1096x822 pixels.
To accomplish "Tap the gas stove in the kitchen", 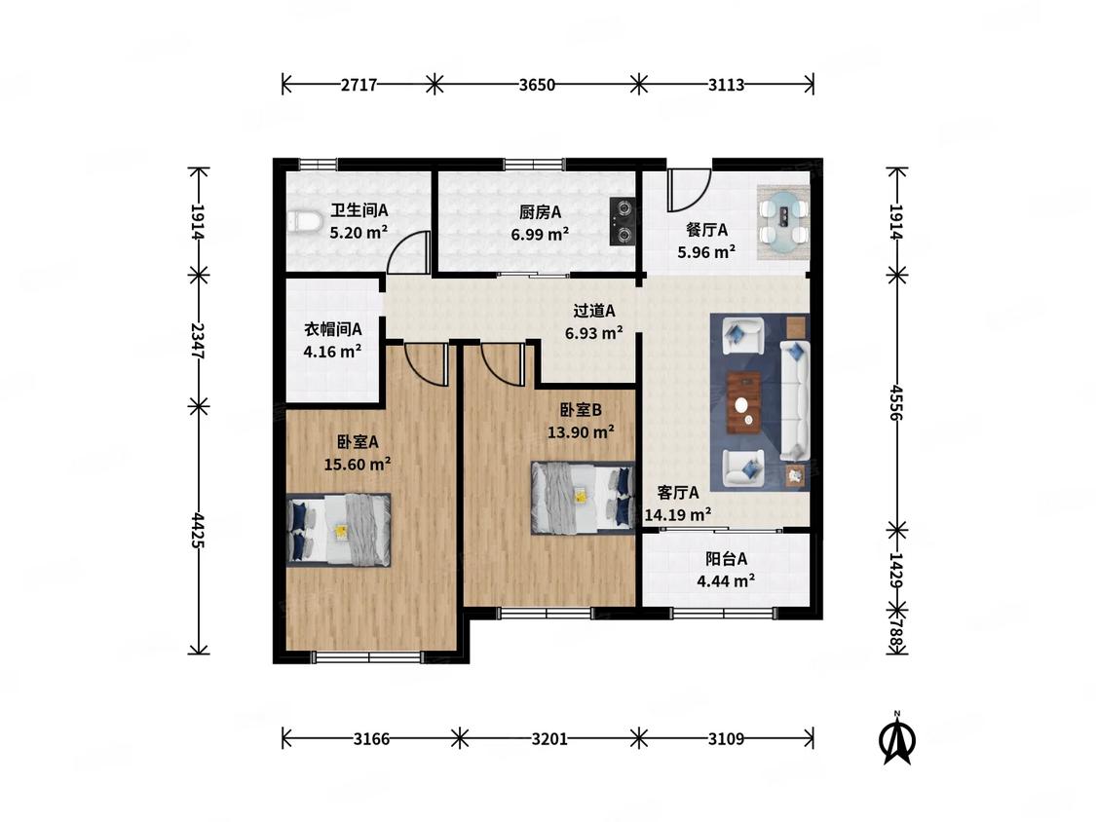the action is (x=623, y=222).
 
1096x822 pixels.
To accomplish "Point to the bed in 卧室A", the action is (x=338, y=530).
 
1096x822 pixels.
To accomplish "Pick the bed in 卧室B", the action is (x=583, y=498).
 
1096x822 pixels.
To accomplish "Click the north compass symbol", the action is (x=897, y=738).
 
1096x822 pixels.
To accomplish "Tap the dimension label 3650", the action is (x=537, y=85).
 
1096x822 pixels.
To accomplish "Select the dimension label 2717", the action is (x=359, y=85).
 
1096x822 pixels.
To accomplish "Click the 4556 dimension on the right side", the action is (x=897, y=401).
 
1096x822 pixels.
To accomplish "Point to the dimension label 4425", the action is (x=199, y=529).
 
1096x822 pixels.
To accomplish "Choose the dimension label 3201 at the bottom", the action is (x=549, y=738).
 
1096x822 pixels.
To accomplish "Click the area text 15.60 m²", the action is (x=358, y=464).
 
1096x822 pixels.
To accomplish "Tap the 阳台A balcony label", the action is (x=726, y=558).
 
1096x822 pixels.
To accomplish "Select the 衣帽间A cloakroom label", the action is (x=332, y=328).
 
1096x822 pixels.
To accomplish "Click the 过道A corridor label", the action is (x=594, y=311).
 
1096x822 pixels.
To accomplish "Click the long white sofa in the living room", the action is (x=795, y=400).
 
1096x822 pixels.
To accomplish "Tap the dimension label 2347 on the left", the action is (x=199, y=341).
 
